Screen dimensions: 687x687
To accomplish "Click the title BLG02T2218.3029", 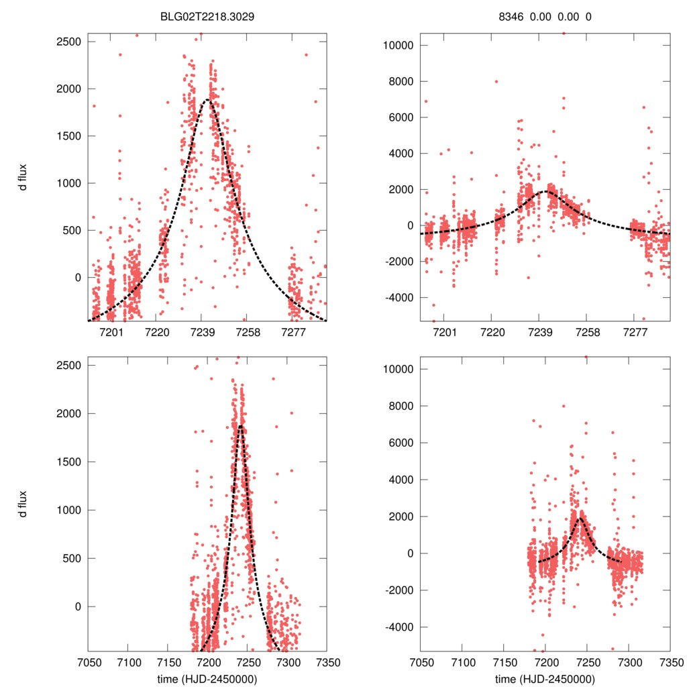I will click(x=207, y=17).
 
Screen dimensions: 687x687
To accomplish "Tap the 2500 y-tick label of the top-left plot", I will click(x=67, y=42).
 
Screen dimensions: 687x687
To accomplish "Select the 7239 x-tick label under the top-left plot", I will click(x=202, y=331).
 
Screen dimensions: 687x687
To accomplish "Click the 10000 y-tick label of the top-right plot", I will click(x=396, y=46).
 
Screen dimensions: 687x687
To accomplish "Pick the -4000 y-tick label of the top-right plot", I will click(x=396, y=297).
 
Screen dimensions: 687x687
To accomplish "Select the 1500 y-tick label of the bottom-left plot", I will click(x=67, y=462).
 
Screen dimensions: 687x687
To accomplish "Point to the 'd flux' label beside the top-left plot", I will click(x=23, y=177).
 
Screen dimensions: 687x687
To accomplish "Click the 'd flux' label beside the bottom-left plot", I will click(x=23, y=503).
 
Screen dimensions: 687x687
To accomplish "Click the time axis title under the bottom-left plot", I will click(x=207, y=678).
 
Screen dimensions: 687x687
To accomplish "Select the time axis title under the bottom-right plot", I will click(x=545, y=678).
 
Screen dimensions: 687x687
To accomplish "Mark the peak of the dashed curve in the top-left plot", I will click(x=207, y=100).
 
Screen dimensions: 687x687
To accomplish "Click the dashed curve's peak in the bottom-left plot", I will click(x=240, y=425).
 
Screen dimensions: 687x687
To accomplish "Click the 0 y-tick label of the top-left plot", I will click(x=76, y=277).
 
